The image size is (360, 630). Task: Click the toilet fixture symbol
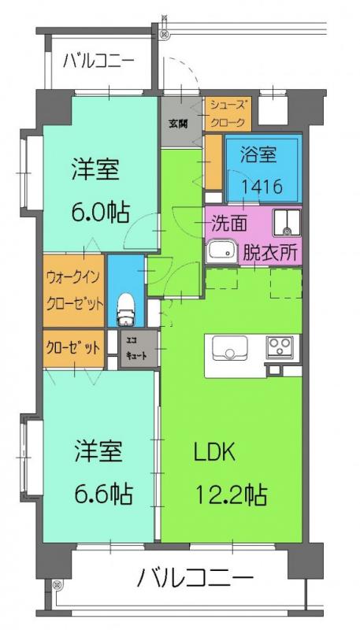coord(125,309)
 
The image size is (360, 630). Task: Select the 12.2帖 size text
coord(231,495)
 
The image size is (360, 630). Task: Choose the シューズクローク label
coord(228,115)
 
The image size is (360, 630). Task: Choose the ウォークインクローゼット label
coord(74,290)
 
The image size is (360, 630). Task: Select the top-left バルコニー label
coord(98,62)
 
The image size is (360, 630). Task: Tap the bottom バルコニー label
coord(195,579)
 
